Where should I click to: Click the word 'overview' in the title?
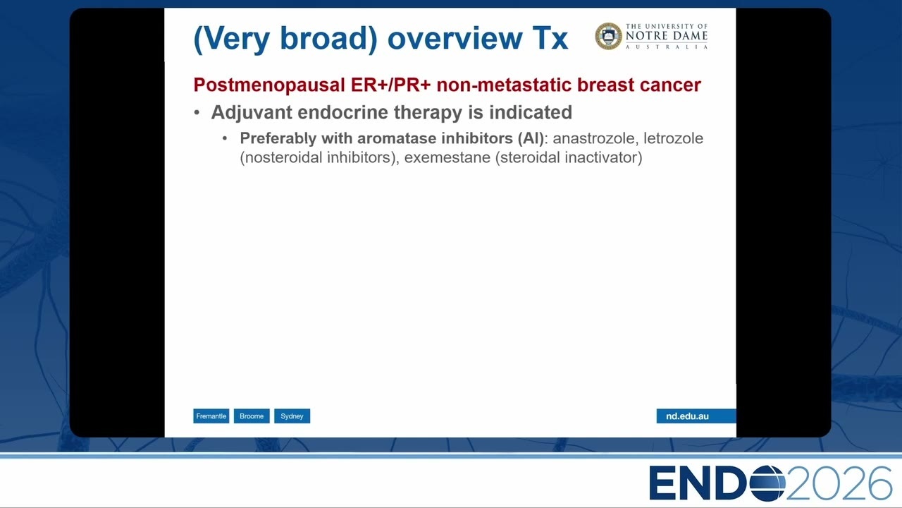click(455, 38)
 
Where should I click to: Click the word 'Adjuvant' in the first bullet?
click(252, 112)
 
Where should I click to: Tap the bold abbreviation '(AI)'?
click(531, 138)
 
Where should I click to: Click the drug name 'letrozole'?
click(673, 138)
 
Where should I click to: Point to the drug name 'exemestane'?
click(447, 157)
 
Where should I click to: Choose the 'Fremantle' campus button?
click(211, 416)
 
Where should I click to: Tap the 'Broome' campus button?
click(252, 416)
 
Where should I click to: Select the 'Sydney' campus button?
click(292, 416)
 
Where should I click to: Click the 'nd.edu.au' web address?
click(687, 416)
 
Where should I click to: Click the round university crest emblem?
click(608, 36)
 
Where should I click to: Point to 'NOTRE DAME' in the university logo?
click(667, 36)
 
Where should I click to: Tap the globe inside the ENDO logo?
click(768, 483)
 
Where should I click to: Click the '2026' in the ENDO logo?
click(839, 483)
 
